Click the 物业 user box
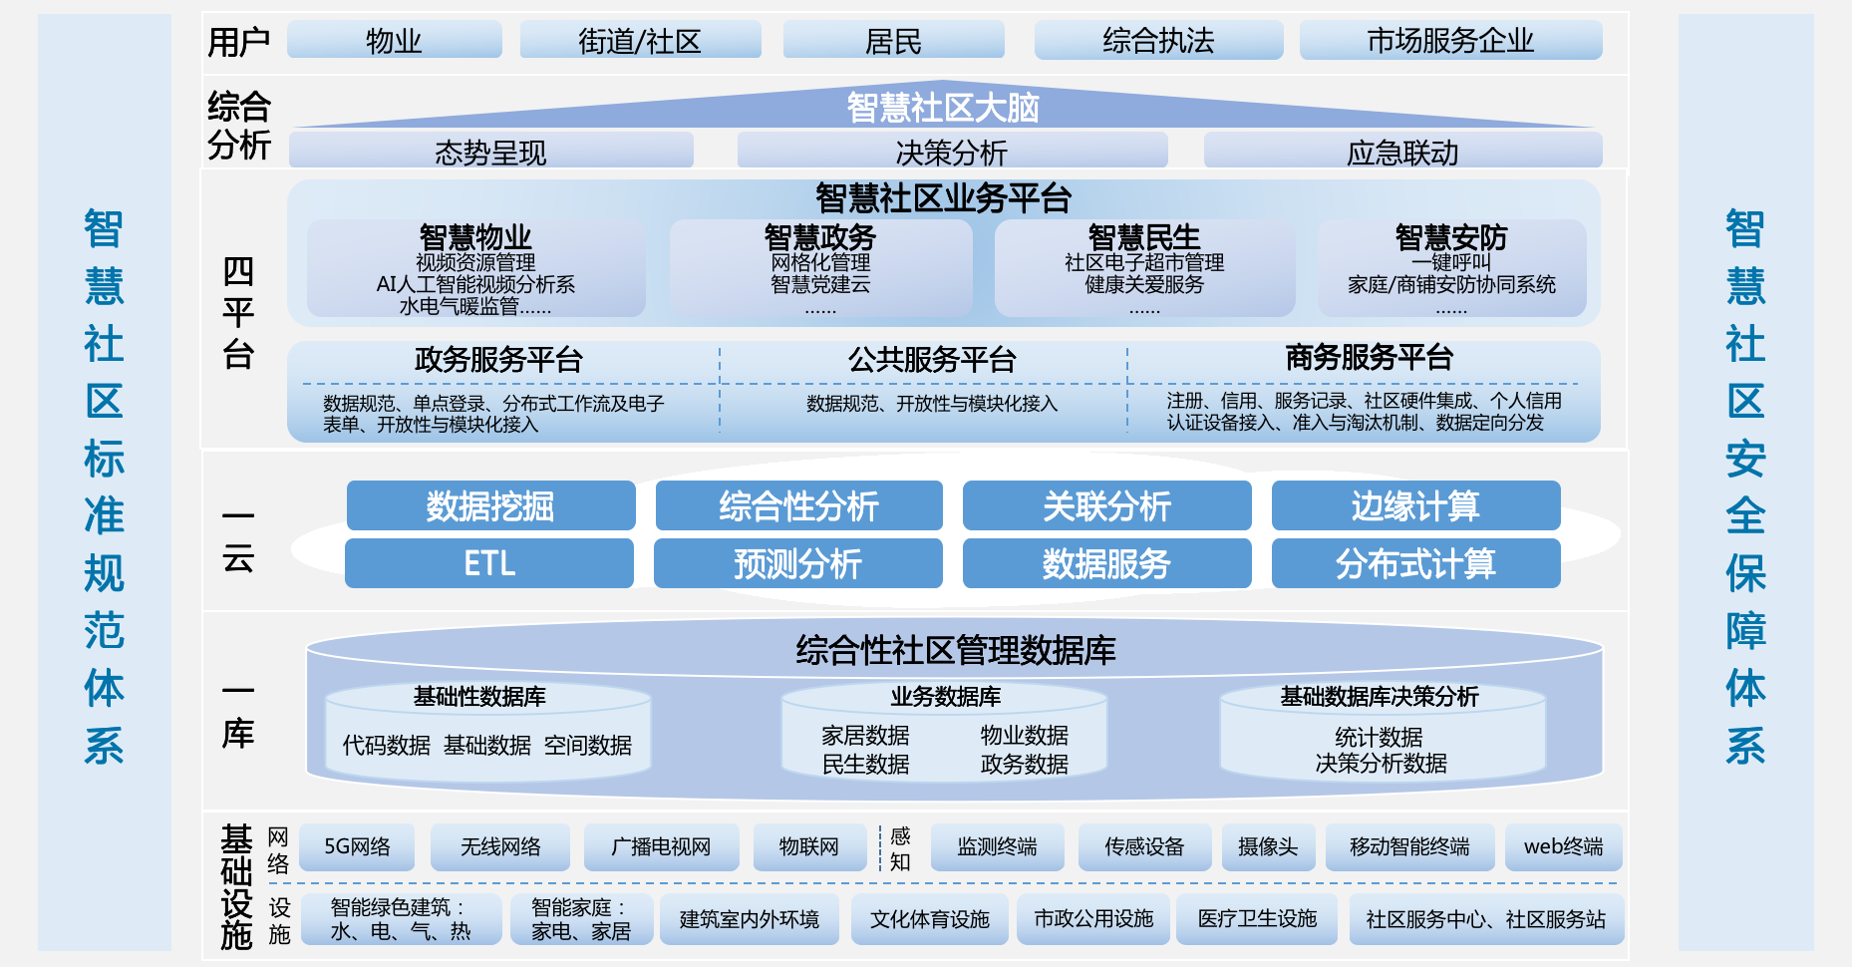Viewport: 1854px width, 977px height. pos(394,41)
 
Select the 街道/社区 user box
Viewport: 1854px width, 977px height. pos(640,41)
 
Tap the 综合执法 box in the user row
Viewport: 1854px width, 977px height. pos(1158,41)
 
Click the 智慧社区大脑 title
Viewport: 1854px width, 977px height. pos(943,108)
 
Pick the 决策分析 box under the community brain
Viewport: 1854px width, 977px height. pos(952,153)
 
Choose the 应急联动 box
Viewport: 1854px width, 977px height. pos(1402,153)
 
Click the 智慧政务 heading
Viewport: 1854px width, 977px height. pos(819,237)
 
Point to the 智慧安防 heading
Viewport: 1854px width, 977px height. pos(1451,237)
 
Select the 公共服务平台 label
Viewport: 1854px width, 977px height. pos(932,360)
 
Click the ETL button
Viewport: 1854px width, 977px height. pos(489,564)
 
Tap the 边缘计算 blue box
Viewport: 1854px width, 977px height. pos(1415,506)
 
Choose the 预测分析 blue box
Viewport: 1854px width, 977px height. pos(797,564)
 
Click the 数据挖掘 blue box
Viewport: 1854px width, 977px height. pos(490,506)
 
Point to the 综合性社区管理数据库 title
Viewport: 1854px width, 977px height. pos(955,651)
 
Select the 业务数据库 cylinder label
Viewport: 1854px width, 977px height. pos(945,697)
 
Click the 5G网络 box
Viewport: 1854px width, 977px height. pos(357,847)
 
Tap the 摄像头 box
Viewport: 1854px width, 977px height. pos(1268,847)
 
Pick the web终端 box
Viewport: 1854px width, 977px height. pos(1563,847)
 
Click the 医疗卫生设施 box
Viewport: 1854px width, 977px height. pos(1257,919)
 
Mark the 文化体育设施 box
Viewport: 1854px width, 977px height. pos(929,919)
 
